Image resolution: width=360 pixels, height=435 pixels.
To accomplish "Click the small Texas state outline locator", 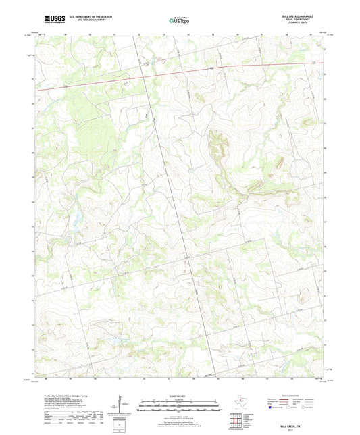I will point(240,404).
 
